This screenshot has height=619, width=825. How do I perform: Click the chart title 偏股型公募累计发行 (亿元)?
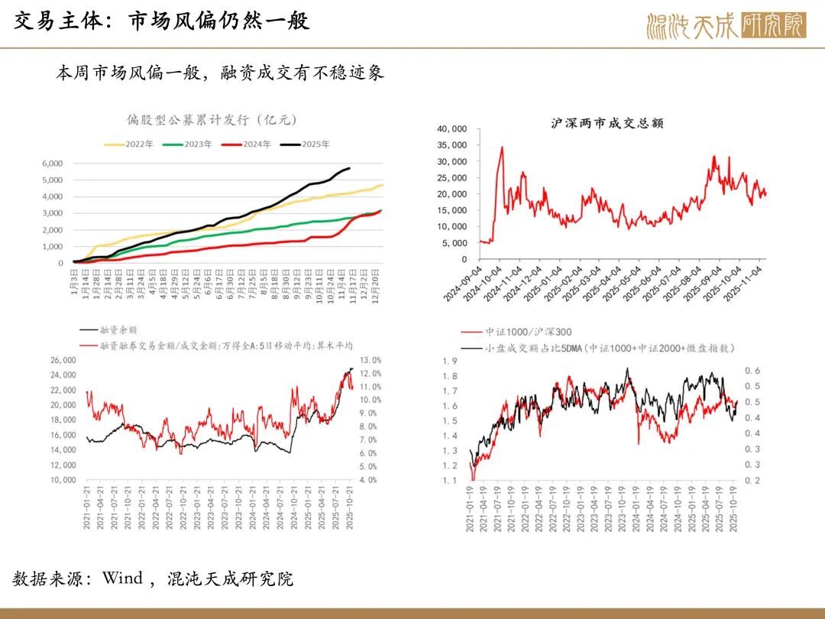[212, 119]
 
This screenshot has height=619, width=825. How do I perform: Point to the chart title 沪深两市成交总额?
[607, 123]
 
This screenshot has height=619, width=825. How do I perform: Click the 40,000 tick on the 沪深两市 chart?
[451, 129]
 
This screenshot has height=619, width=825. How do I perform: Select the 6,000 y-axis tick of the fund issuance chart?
[52, 164]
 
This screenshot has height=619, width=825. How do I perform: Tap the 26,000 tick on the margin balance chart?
[64, 360]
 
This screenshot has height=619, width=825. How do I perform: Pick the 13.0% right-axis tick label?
[370, 360]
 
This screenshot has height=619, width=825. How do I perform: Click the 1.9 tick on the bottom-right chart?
[451, 361]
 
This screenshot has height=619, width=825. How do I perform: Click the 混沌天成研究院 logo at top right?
[725, 25]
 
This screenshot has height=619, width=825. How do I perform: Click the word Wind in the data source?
[122, 578]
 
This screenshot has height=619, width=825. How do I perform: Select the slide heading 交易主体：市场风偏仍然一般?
[162, 21]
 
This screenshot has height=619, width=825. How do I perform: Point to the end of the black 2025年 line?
[350, 168]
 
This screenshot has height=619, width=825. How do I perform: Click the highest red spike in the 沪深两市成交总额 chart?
[502, 147]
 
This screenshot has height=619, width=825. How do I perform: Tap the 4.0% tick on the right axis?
[370, 480]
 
